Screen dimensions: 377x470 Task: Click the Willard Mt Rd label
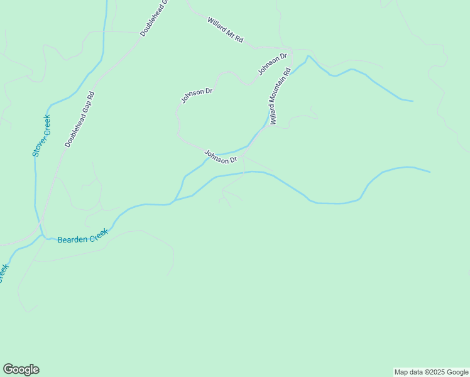225,30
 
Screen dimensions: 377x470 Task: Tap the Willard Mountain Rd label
280,96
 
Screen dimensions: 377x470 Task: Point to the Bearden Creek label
83,236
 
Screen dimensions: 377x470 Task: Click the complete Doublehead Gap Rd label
79,120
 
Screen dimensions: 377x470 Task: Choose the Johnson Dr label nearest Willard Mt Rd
272,64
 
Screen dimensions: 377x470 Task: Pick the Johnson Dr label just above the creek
220,156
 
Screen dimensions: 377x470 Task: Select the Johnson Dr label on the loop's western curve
197,95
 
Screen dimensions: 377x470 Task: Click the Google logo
21,369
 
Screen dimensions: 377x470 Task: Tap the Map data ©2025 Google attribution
431,372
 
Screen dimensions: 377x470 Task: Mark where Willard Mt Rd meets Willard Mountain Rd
290,48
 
